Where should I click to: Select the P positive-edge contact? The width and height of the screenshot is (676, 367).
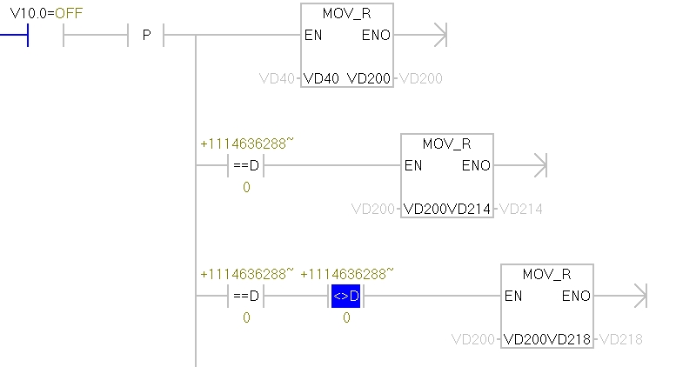tap(146, 36)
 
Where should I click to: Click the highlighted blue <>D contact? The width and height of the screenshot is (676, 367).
tap(346, 297)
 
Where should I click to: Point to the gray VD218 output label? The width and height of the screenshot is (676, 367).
tap(621, 339)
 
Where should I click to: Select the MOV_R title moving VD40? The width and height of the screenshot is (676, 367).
tap(346, 15)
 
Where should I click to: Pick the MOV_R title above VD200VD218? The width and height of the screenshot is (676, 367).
tap(546, 275)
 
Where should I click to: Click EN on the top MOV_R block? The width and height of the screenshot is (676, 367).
tap(314, 36)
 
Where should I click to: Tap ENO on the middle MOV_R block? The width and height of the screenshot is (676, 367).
tap(476, 165)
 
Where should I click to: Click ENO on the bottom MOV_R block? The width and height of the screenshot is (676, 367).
tap(576, 296)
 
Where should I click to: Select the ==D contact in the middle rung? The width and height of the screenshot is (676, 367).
tap(246, 166)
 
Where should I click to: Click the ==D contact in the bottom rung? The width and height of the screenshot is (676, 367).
tap(246, 297)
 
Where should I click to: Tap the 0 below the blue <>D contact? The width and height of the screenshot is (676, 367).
tap(346, 318)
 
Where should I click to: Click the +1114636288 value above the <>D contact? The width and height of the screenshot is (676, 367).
tap(346, 274)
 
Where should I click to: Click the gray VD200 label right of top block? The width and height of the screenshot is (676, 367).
tap(421, 79)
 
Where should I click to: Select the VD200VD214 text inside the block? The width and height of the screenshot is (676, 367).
tap(446, 209)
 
